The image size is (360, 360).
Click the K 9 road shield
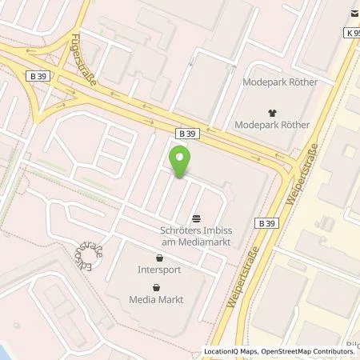[x=353, y=33]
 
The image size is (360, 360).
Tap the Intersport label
[x=158, y=269]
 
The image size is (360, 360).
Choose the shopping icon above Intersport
[x=158, y=258]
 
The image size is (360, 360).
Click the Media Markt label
[x=157, y=299]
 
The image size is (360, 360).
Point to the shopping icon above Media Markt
[x=157, y=288]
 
